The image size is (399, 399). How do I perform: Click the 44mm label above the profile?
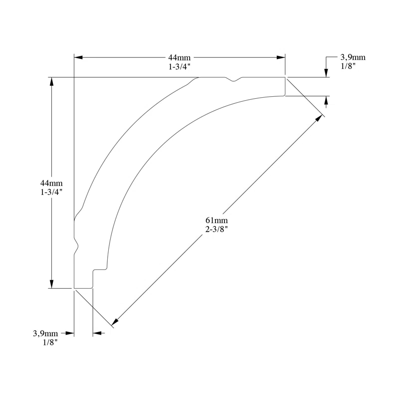click(x=180, y=58)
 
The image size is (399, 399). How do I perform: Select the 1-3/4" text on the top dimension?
click(x=180, y=66)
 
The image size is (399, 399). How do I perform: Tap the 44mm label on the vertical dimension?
click(x=51, y=183)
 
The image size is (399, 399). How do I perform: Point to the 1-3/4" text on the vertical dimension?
click(x=51, y=192)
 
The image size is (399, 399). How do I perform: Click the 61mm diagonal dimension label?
click(x=216, y=220)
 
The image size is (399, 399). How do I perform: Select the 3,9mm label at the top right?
click(x=353, y=57)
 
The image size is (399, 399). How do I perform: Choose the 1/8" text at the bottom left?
click(x=50, y=342)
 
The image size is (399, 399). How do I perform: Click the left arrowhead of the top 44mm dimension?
click(x=78, y=58)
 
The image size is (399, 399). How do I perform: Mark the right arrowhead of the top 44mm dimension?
click(x=281, y=58)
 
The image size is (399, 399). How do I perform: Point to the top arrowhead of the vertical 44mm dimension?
click(x=51, y=81)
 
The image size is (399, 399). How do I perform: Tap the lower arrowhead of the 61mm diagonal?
click(x=115, y=322)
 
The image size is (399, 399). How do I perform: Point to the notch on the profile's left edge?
click(x=77, y=245)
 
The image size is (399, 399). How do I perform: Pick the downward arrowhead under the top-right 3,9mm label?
click(x=326, y=73)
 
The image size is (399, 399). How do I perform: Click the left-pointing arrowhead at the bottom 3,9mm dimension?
click(x=97, y=333)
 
